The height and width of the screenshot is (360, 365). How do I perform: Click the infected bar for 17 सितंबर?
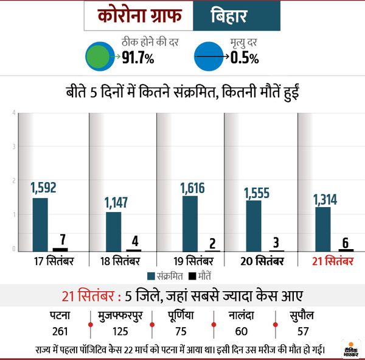tap(40, 224)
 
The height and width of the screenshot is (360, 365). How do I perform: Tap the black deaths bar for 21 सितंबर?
tap(346, 250)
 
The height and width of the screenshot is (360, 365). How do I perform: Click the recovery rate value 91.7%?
tap(138, 58)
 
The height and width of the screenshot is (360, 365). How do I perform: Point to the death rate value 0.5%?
tap(245, 58)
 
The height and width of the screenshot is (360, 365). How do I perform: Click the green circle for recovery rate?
tap(99, 56)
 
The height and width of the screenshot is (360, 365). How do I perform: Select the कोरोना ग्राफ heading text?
tap(137, 17)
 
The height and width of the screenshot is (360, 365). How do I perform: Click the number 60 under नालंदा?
tap(242, 331)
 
